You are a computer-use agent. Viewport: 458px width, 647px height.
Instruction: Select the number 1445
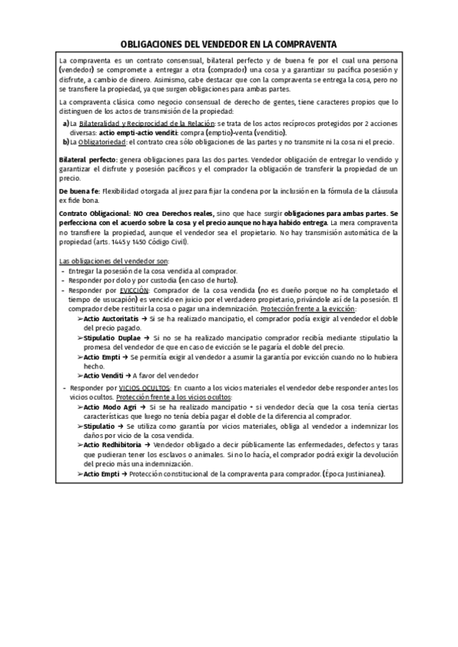(119, 242)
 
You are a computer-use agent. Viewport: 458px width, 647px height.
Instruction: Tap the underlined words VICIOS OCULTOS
(142, 388)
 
